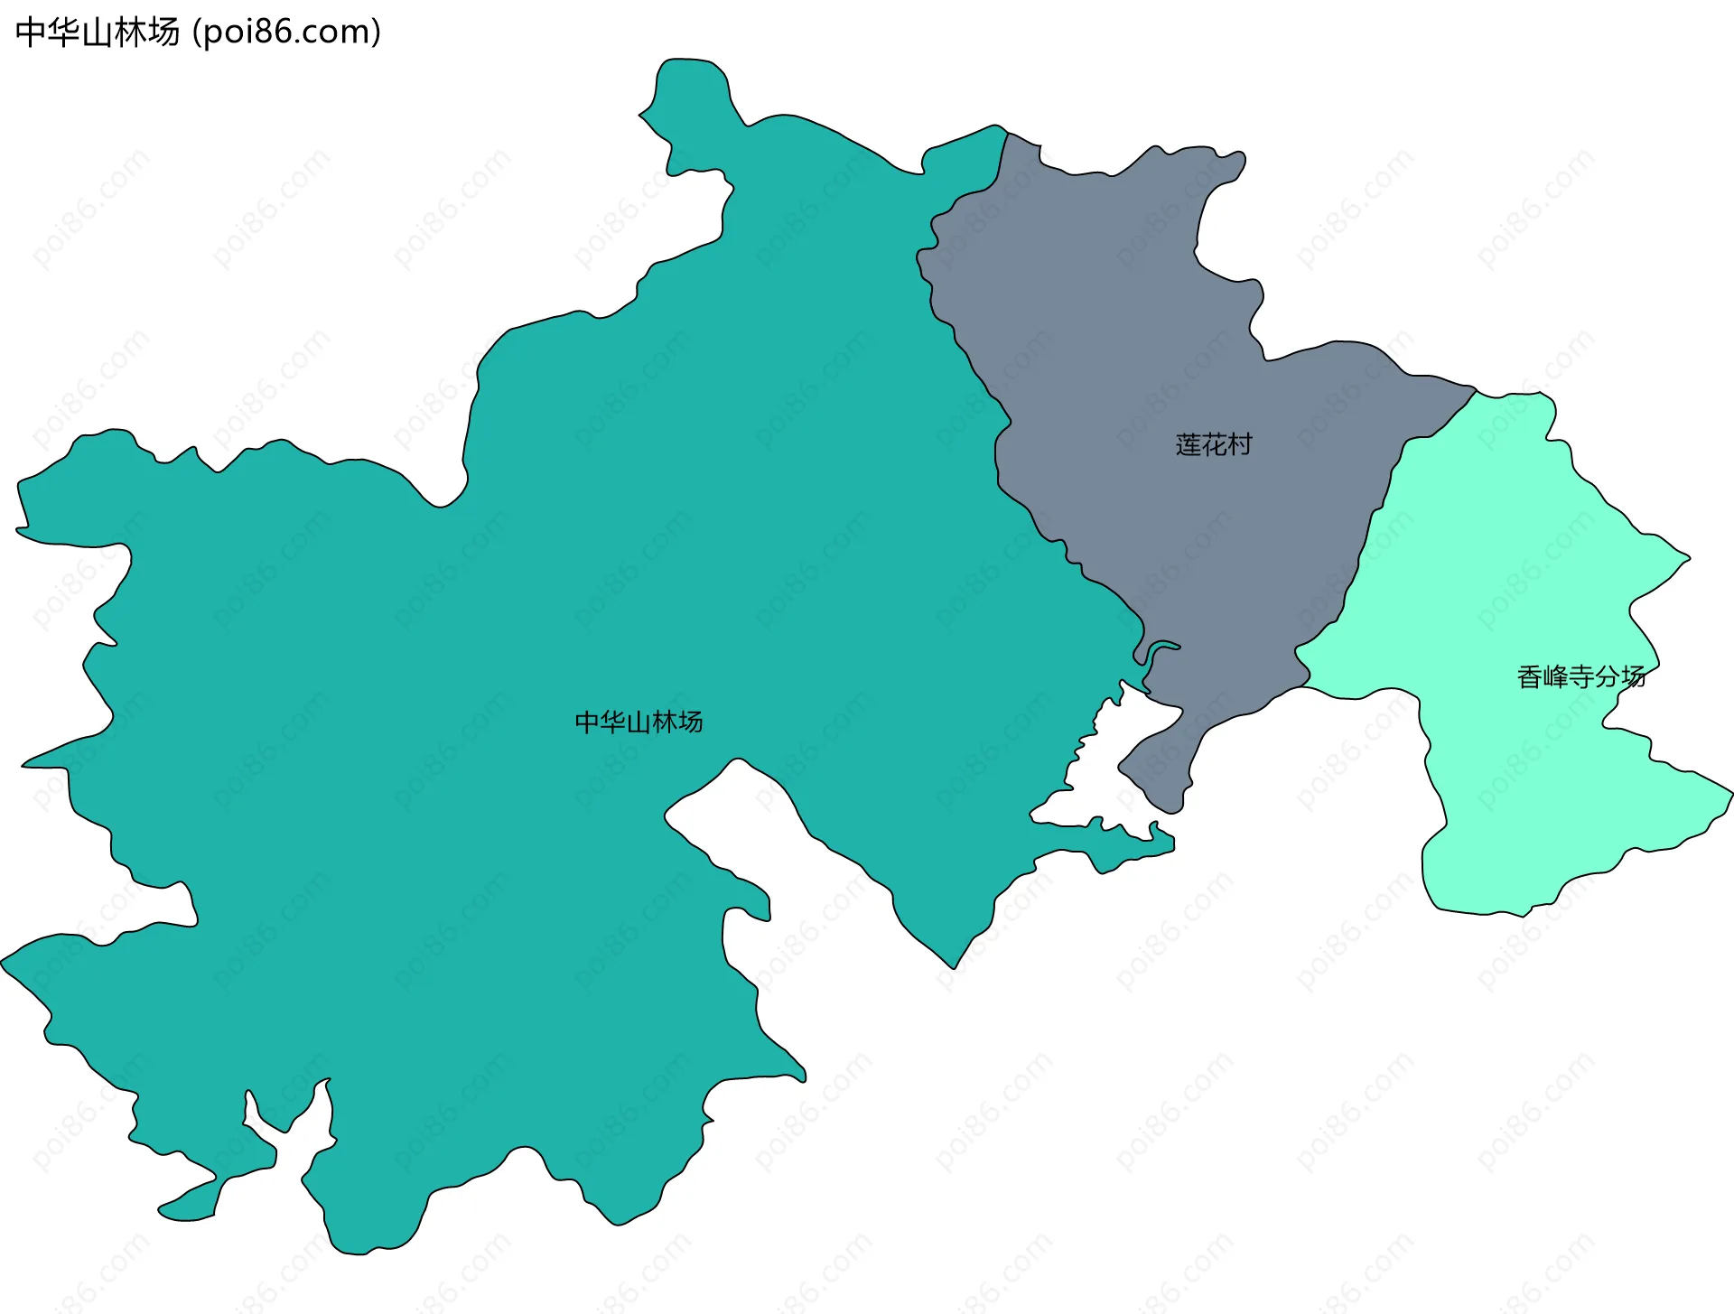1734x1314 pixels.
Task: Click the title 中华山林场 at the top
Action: click(98, 33)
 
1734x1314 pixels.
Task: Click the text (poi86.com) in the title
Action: click(287, 33)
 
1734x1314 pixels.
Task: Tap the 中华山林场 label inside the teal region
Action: click(639, 722)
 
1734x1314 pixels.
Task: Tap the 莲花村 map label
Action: click(1213, 444)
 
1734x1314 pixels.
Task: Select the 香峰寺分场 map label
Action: click(1580, 676)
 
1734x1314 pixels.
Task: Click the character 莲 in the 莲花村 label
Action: click(1188, 444)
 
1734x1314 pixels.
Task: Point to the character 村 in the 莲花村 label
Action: click(1239, 444)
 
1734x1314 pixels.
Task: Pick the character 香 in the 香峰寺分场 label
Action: click(1530, 676)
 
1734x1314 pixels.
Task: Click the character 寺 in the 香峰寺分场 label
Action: click(1581, 676)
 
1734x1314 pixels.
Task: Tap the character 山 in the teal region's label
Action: click(639, 722)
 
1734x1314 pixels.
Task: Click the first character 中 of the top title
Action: click(31, 33)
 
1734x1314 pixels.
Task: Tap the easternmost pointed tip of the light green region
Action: click(1729, 796)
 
